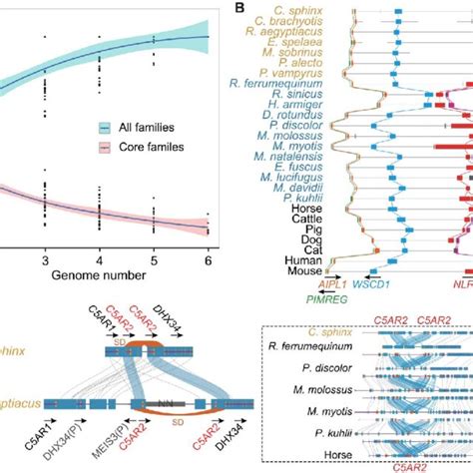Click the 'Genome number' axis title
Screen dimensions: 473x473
[x=106, y=273]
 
